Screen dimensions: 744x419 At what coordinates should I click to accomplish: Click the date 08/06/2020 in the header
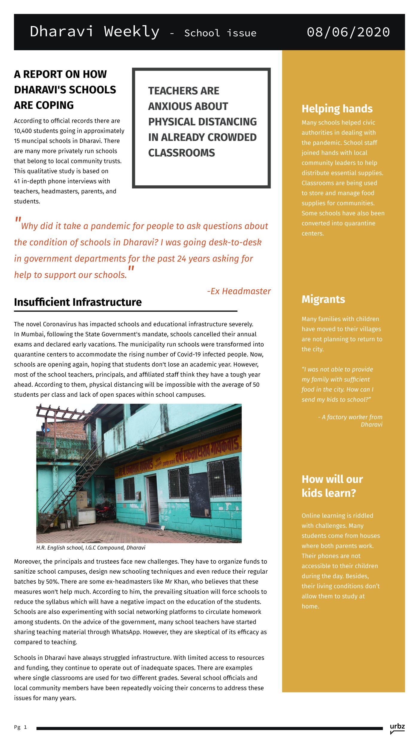348,32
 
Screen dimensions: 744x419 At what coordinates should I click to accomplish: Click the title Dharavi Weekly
94,32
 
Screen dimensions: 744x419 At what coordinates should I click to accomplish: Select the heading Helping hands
337,109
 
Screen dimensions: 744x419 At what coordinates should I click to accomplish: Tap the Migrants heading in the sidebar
323,299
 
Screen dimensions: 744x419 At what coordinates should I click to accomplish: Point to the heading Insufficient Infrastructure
78,302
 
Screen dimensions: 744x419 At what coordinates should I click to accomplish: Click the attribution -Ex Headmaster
239,291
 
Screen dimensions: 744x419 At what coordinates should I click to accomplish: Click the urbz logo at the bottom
397,727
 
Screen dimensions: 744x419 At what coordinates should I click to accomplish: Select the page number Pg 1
20,727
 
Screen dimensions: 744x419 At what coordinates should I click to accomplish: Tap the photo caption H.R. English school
91,548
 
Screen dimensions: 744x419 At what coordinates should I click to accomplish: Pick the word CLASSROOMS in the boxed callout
181,153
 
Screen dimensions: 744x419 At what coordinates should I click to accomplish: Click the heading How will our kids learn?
332,486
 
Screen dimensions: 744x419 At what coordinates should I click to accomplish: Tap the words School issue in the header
220,33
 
